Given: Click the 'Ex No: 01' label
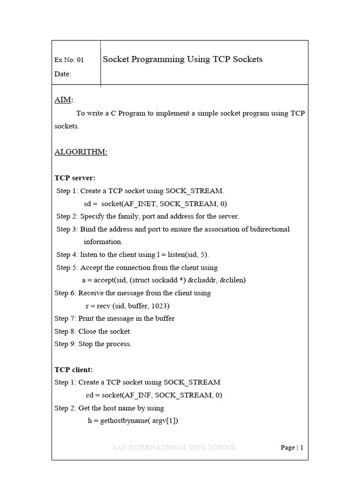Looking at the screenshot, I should (x=69, y=60).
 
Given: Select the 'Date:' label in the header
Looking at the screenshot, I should (x=63, y=74).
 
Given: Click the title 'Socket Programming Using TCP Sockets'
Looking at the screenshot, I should (x=182, y=60).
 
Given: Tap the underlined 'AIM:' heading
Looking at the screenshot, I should (x=64, y=100).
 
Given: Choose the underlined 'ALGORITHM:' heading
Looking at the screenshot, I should (x=81, y=152).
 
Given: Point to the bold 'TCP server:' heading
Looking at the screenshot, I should (x=75, y=178).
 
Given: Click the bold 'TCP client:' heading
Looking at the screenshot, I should (x=74, y=370).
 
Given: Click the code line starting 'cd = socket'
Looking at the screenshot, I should (x=154, y=395).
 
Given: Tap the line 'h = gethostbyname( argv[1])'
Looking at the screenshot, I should (x=133, y=420).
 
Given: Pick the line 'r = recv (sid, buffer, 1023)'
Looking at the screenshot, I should (x=127, y=306).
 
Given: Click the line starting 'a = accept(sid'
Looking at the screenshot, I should (x=164, y=280).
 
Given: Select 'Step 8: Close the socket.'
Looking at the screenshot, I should (x=93, y=331).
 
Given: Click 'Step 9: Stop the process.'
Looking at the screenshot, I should (x=93, y=344).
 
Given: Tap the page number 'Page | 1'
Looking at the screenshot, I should (x=292, y=448).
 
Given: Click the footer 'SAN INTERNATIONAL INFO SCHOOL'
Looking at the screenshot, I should (x=174, y=448).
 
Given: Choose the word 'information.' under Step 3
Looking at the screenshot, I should (x=103, y=242).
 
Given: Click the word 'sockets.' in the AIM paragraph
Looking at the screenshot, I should (x=67, y=127).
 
